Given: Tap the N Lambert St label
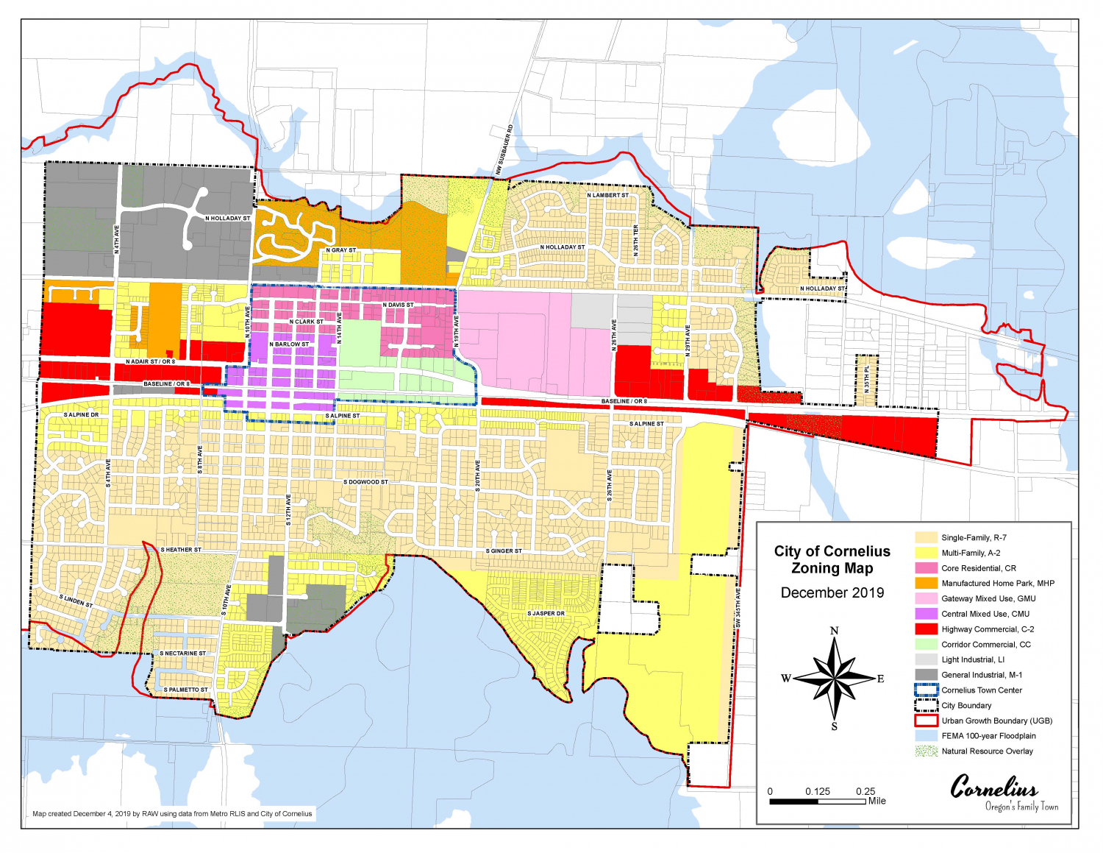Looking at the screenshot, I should click(607, 195).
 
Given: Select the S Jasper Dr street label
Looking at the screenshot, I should click(546, 613).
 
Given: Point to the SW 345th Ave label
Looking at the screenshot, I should click(738, 608).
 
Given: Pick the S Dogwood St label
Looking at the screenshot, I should click(365, 482).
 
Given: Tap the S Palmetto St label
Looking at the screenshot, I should click(185, 690).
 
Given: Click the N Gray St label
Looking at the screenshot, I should click(340, 250).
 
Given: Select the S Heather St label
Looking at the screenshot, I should click(181, 550).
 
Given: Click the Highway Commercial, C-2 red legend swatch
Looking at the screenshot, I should click(926, 629).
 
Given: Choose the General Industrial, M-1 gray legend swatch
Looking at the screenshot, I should click(926, 675).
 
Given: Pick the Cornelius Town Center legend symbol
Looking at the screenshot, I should click(926, 690).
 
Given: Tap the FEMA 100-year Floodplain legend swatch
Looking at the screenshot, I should click(926, 736).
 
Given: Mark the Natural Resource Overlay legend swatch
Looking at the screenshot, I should click(926, 751).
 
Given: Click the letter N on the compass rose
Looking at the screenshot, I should click(834, 631).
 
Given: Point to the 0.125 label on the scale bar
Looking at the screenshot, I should click(817, 791).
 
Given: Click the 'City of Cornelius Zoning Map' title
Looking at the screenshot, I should click(832, 559).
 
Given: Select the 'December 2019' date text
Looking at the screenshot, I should click(832, 593).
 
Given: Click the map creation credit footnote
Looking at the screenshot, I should click(172, 814).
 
